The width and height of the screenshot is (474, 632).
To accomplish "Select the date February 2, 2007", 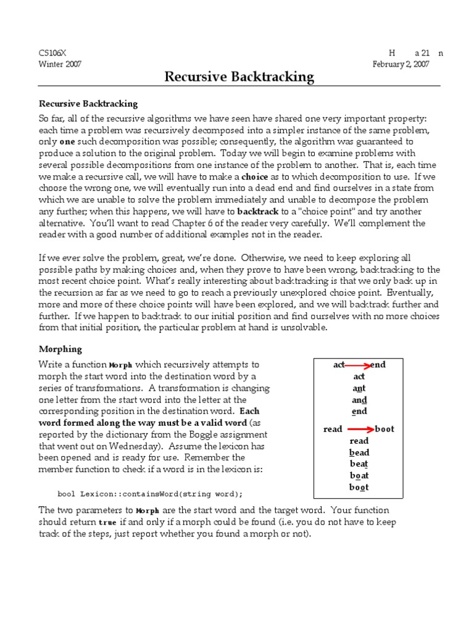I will [x=401, y=64].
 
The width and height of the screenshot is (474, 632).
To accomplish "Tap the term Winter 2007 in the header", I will [x=60, y=64].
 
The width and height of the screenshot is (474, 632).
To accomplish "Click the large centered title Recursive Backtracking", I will [x=239, y=77].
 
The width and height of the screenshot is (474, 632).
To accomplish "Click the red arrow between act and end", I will [x=357, y=365].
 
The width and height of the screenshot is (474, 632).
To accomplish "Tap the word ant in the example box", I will [x=359, y=388].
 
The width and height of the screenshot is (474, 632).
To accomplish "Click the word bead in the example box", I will [x=359, y=452].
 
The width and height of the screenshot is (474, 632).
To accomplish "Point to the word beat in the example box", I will [x=359, y=464].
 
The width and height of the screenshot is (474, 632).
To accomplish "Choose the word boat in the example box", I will [x=359, y=476].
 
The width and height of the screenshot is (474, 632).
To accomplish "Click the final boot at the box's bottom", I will [x=359, y=488].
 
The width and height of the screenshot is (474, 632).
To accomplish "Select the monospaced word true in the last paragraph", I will [x=107, y=523].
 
